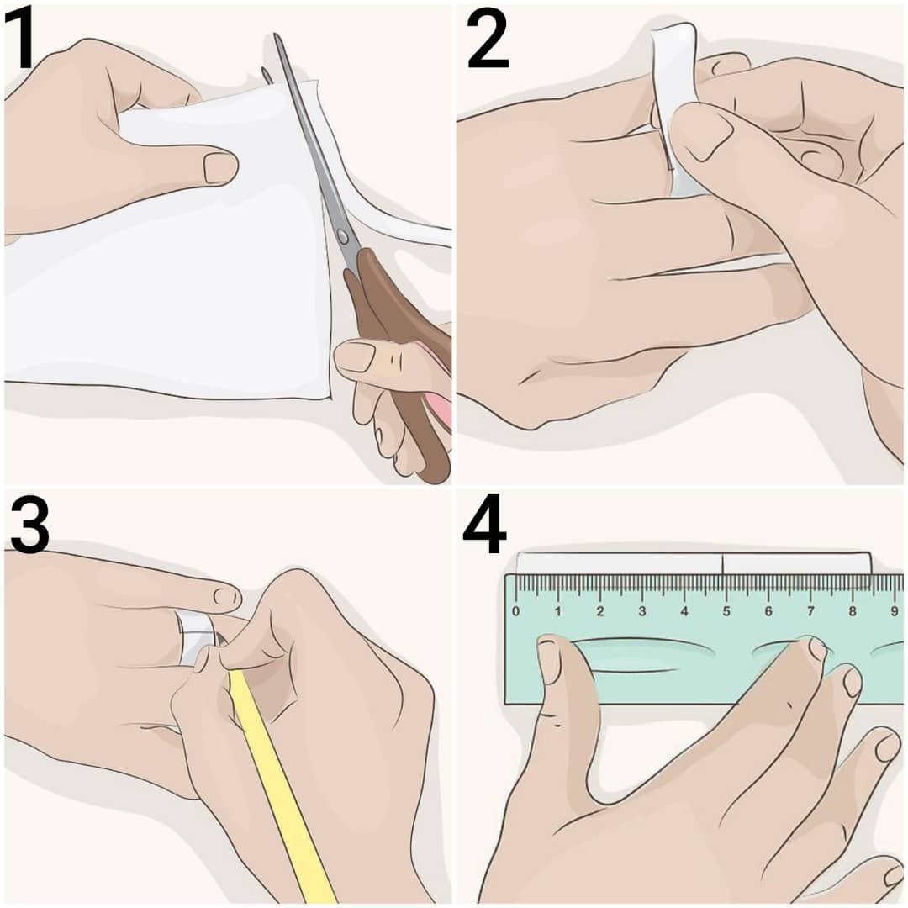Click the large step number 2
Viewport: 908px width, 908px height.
coord(488,40)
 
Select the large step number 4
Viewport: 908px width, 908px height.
coord(485,524)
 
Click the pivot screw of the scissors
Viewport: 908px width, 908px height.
coord(342,236)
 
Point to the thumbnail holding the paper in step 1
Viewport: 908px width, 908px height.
coord(220,167)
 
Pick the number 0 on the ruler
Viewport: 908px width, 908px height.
coord(516,611)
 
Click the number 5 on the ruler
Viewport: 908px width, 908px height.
coord(726,611)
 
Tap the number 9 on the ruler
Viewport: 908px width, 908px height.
coord(895,611)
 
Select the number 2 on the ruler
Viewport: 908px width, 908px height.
coord(600,611)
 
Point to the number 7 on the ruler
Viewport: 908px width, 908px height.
coord(810,611)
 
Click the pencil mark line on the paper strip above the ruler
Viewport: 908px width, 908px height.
coord(722,564)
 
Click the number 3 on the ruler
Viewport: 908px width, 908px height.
coord(642,611)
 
